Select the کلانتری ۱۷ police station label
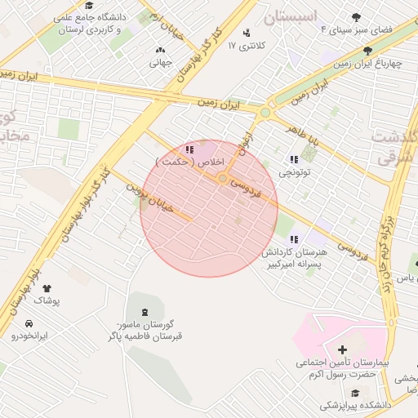[x=242, y=44]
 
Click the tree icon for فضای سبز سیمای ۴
[x=356, y=17]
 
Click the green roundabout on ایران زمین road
[x=265, y=113]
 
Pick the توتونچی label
[x=294, y=172]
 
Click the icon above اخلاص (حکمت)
[x=189, y=149]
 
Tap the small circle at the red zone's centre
[x=222, y=178]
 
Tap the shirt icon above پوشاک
[x=46, y=288]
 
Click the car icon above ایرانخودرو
[x=29, y=322]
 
